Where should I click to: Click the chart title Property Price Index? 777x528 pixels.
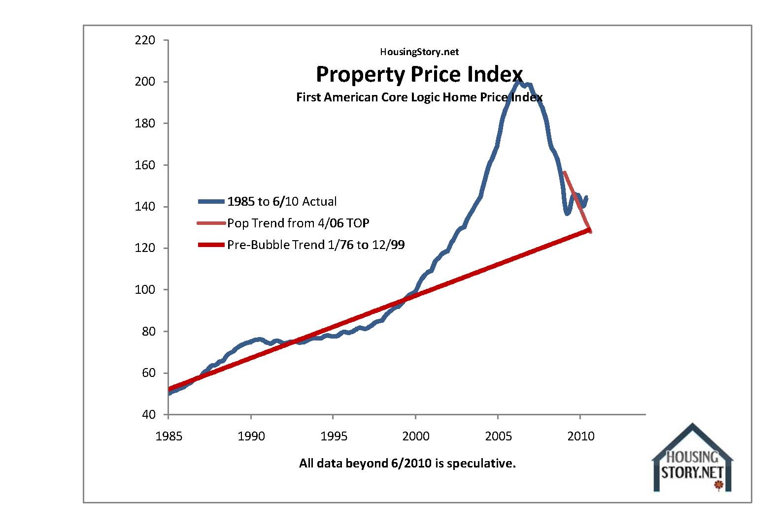pos(419,74)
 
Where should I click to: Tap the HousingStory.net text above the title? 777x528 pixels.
pos(419,52)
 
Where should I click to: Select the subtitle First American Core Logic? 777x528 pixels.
pos(419,97)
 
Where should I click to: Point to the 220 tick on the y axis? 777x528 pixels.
pos(145,40)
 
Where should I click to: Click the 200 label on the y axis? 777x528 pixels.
pos(145,82)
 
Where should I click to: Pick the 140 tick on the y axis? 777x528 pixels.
pos(145,207)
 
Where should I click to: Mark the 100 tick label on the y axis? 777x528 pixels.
pos(145,290)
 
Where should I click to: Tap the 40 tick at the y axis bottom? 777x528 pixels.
pos(148,415)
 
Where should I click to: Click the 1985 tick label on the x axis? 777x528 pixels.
pos(169,436)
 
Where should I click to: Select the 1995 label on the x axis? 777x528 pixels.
pos(334,436)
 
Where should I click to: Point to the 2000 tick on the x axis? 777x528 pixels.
pos(416,436)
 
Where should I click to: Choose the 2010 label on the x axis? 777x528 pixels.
pos(581,436)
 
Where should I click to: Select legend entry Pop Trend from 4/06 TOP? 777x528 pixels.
pos(298,223)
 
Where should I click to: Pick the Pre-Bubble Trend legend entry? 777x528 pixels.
pos(315,245)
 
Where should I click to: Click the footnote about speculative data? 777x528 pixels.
pos(407,464)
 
